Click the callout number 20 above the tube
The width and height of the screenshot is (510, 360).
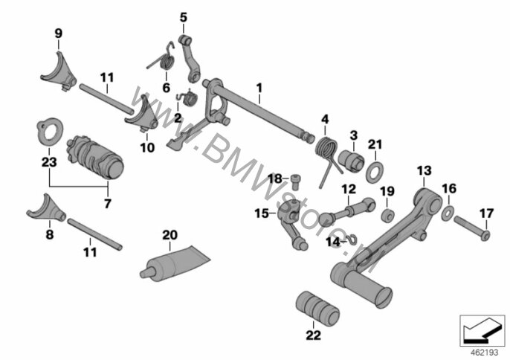pos(170,236)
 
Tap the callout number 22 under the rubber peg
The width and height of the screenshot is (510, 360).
pos(312,335)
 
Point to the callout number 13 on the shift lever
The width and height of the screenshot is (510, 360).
pos(423,172)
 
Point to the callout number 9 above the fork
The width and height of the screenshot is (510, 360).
pos(58,33)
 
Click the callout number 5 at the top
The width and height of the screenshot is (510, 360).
pos(183,16)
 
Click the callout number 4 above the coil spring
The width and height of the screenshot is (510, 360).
pos(324,118)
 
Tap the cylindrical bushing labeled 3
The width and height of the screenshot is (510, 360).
pos(350,158)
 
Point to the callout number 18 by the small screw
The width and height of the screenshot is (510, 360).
pos(274,179)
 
